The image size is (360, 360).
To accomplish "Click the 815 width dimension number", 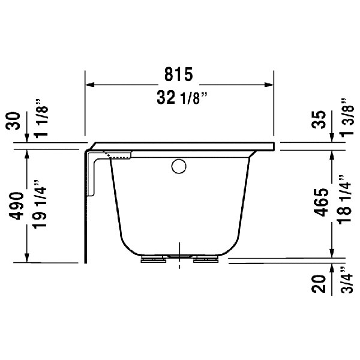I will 179,74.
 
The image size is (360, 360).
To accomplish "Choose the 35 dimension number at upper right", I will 321,120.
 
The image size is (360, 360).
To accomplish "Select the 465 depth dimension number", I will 321,204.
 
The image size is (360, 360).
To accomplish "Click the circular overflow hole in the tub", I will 178,166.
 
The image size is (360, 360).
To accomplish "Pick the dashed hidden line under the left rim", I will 120,157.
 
